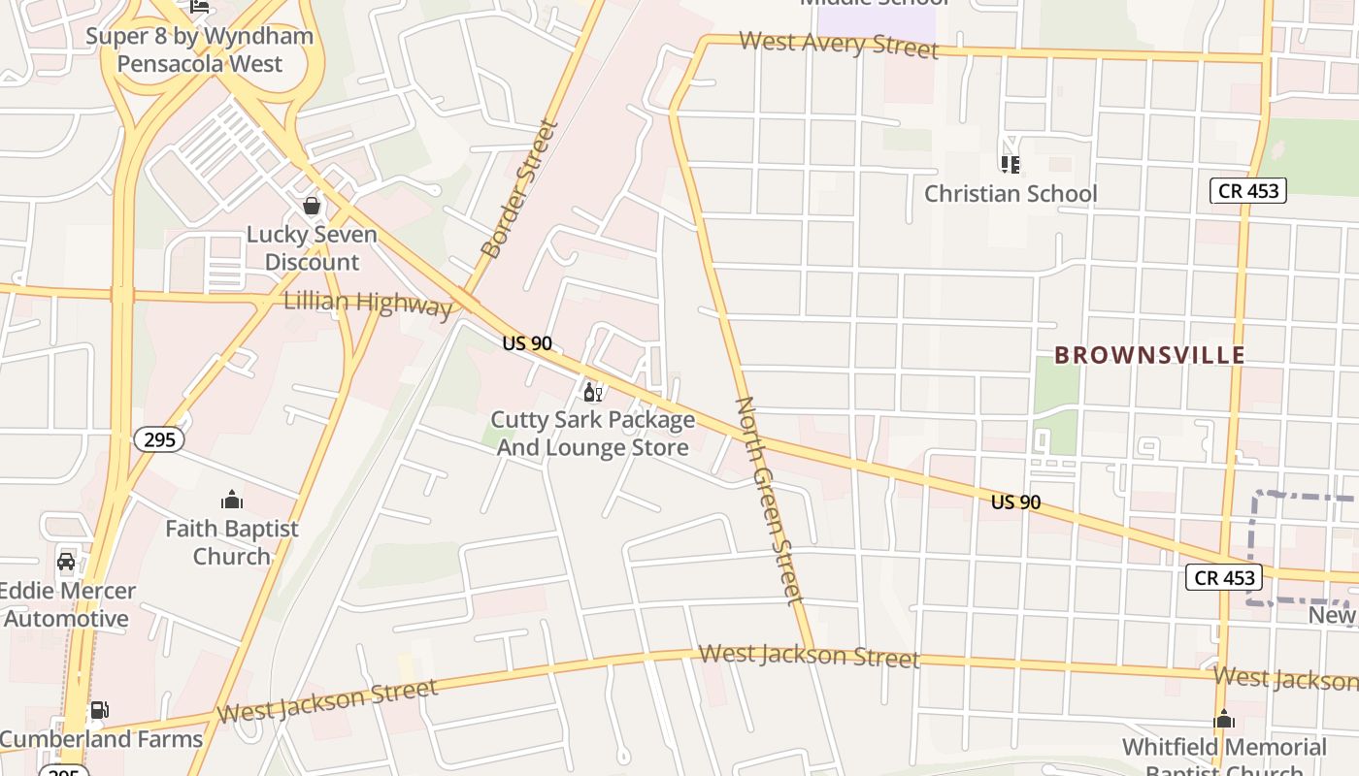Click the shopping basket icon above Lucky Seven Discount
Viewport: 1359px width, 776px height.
pos(312,206)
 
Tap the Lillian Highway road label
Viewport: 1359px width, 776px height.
pos(368,304)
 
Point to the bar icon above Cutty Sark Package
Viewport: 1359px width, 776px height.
pos(592,393)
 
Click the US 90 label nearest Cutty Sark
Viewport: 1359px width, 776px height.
pos(527,343)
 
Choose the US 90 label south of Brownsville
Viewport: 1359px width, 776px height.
pos(1015,501)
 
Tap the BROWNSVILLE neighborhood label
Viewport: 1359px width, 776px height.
pos(1149,355)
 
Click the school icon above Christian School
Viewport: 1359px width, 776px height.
pos(1011,165)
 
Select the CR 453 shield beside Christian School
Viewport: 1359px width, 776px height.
pos(1248,190)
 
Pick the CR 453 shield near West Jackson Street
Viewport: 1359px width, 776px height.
pos(1224,578)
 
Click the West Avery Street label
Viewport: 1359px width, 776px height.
pos(839,45)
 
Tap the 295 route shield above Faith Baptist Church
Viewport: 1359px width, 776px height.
pos(158,440)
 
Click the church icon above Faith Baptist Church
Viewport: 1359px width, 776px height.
pos(231,501)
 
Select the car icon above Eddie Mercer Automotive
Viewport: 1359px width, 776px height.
pos(66,562)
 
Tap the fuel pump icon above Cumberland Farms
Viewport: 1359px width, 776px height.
pos(99,710)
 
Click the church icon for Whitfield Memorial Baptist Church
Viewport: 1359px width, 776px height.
pos(1224,720)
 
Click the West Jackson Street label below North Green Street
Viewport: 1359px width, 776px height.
pos(809,657)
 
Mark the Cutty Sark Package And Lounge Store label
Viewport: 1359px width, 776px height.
pos(592,434)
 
